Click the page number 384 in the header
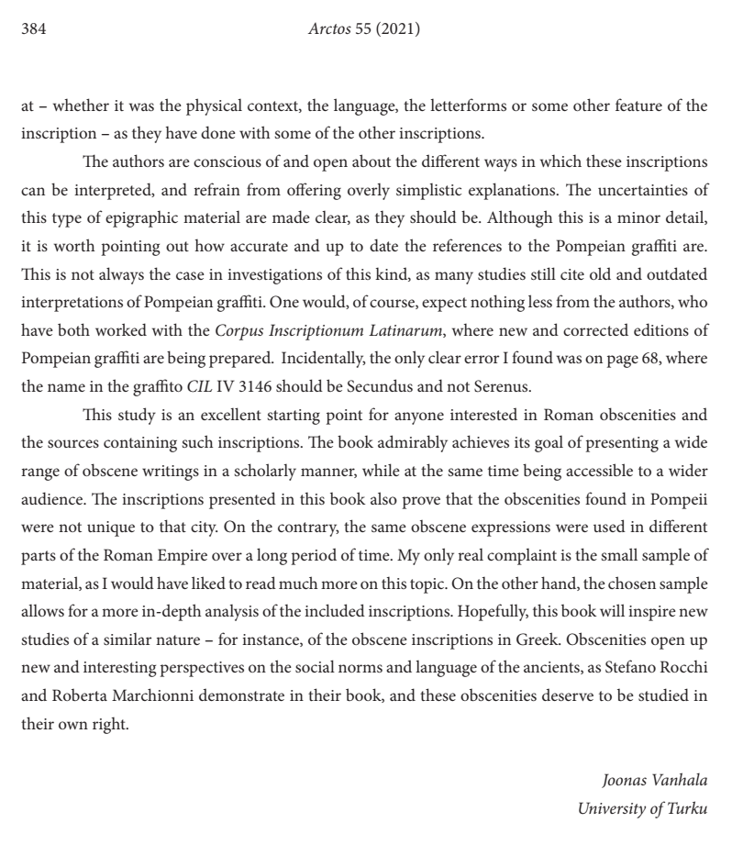33,29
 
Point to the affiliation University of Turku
642,808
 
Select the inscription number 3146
269,410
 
